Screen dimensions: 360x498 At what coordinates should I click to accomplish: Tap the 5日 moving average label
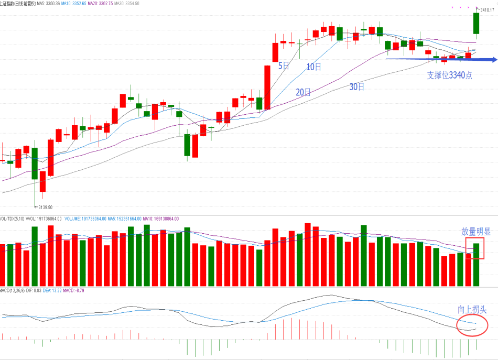284,66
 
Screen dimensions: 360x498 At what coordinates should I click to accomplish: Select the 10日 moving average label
313,67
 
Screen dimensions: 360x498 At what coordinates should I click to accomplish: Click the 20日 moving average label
303,92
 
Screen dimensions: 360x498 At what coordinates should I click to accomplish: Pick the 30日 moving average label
357,86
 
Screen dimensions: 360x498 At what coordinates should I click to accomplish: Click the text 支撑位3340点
449,75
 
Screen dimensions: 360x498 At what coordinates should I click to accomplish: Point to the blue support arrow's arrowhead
493,60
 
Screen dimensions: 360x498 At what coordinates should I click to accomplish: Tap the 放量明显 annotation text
476,232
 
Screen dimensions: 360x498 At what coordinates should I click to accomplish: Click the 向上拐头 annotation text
472,310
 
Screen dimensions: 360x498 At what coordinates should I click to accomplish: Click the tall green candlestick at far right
477,24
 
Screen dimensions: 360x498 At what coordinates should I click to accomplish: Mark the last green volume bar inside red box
477,264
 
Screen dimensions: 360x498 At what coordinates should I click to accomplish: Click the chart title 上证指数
8,3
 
